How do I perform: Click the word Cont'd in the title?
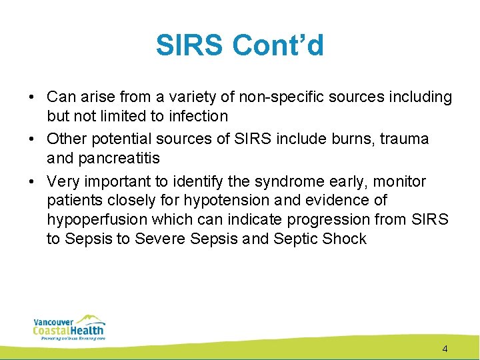(278, 45)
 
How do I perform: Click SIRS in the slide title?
(191, 45)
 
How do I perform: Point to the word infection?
(197, 116)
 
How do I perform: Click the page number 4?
(445, 349)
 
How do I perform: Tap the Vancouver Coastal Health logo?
(69, 327)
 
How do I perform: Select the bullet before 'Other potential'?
(32, 140)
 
